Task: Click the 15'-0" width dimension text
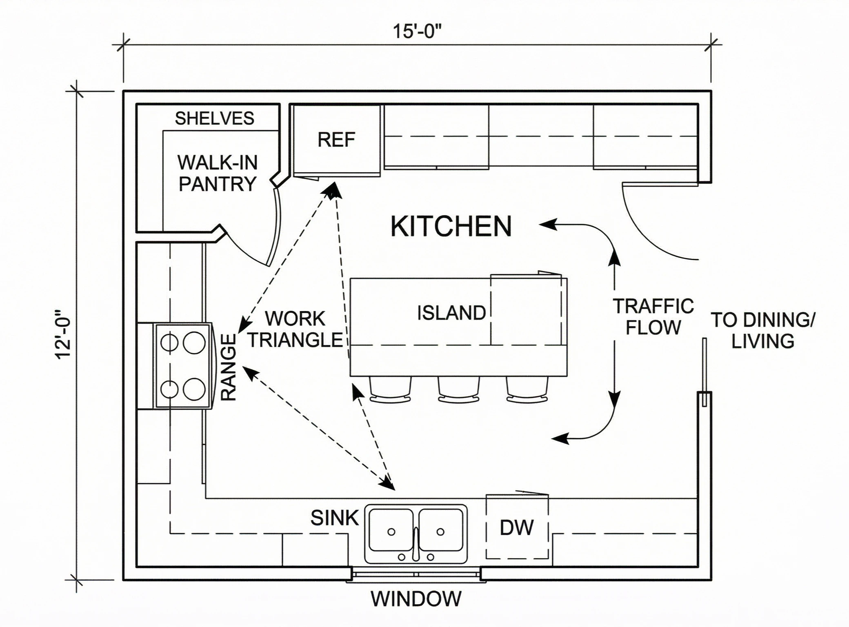click(417, 31)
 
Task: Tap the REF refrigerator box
click(336, 140)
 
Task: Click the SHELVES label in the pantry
click(214, 118)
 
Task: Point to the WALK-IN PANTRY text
click(218, 173)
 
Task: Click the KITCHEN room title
click(451, 227)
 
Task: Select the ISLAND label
click(451, 313)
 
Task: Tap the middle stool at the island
click(458, 389)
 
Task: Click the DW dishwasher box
click(517, 527)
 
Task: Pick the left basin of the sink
click(391, 529)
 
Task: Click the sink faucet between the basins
click(416, 543)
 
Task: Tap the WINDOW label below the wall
click(416, 599)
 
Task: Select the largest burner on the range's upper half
click(194, 342)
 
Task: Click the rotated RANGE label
click(229, 367)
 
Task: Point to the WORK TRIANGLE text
click(296, 329)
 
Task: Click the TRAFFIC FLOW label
click(653, 317)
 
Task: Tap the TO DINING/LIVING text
click(762, 331)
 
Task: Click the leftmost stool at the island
click(390, 389)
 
